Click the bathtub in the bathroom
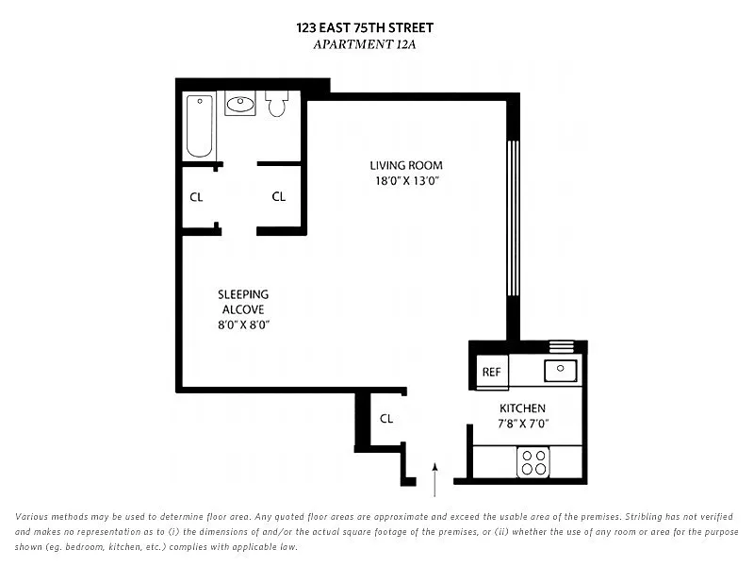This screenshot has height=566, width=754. click(200, 126)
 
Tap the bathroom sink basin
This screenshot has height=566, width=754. click(240, 104)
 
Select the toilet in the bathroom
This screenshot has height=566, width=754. click(276, 104)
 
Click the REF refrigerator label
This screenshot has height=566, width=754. click(491, 372)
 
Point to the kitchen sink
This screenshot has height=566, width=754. click(561, 371)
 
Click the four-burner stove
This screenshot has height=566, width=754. click(533, 462)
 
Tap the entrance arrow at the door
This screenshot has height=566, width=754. click(434, 479)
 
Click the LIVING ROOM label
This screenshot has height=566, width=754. click(406, 166)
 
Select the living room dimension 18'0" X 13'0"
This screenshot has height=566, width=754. click(407, 181)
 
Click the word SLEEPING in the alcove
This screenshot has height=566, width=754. click(243, 294)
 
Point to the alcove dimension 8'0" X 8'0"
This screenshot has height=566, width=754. click(243, 325)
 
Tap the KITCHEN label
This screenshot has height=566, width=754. click(522, 408)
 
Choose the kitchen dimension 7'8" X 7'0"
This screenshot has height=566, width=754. click(523, 424)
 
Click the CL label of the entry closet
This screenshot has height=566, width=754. click(386, 419)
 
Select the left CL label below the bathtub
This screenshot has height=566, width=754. click(196, 197)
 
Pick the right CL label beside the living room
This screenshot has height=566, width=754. click(278, 196)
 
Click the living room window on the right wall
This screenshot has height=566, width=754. click(513, 218)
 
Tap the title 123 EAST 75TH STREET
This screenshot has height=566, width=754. click(365, 28)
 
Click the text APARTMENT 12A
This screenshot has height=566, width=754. click(365, 44)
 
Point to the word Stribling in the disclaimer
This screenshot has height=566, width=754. click(645, 516)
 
